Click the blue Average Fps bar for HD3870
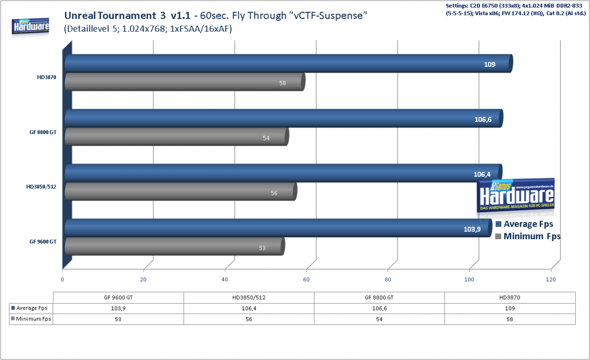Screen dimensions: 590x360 tap(289, 64)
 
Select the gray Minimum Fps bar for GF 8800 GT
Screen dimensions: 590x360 tap(177, 137)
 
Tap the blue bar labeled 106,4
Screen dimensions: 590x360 tap(283, 173)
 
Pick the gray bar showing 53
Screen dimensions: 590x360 tap(175, 247)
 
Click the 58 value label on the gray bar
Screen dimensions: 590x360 tap(283, 83)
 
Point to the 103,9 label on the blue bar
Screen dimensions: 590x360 tap(472, 229)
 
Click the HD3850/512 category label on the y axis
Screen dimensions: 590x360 tap(41, 187)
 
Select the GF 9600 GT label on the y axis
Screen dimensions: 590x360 tap(43, 242)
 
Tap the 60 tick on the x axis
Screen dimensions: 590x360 tap(307, 279)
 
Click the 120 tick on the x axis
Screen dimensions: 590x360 tap(551, 279)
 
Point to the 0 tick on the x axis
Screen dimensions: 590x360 tap(62, 279)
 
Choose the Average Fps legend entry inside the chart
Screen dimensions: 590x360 tap(524, 224)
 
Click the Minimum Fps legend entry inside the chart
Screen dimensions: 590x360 tap(528, 236)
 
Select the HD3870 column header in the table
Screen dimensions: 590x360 tap(510, 298)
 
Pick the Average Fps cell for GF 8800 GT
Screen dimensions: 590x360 tap(379, 308)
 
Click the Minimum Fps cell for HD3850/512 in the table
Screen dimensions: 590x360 tap(249, 319)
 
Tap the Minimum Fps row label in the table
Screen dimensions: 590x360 tap(31, 319)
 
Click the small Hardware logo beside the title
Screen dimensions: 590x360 tap(30, 26)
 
